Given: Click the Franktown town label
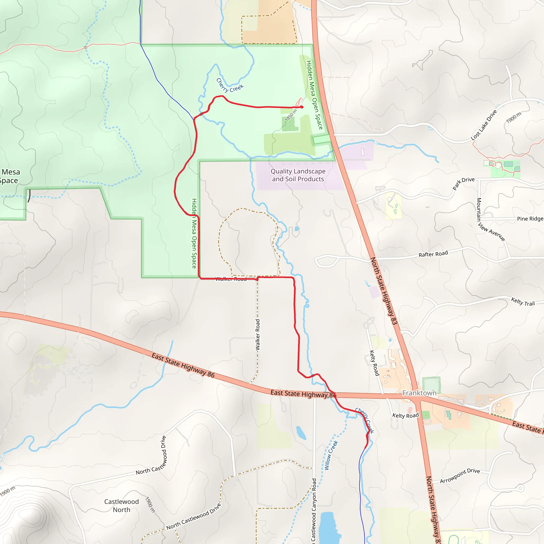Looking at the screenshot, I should tap(419, 393).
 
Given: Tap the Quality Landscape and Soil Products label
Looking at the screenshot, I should tap(298, 175).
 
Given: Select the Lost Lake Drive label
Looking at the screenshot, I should tap(484, 125).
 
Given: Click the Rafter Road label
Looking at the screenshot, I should tap(433, 254).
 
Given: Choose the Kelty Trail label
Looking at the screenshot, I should tap(523, 301).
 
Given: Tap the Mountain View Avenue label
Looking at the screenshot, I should tap(490, 219).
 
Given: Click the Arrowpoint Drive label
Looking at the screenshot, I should tap(460, 475).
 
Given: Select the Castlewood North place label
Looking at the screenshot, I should tap(121, 506).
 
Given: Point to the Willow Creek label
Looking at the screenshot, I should tap(331, 455).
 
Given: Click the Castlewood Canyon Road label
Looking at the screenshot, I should tap(314, 510).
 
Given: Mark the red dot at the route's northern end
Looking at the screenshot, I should tap(302, 107).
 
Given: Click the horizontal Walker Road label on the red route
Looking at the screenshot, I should tap(231, 279).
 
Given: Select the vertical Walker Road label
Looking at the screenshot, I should tap(258, 335).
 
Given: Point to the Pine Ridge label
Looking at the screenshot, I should tap(530, 219).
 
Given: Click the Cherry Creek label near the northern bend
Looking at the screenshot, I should tap(229, 86).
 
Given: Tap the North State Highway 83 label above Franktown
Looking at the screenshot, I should tap(384, 291).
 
